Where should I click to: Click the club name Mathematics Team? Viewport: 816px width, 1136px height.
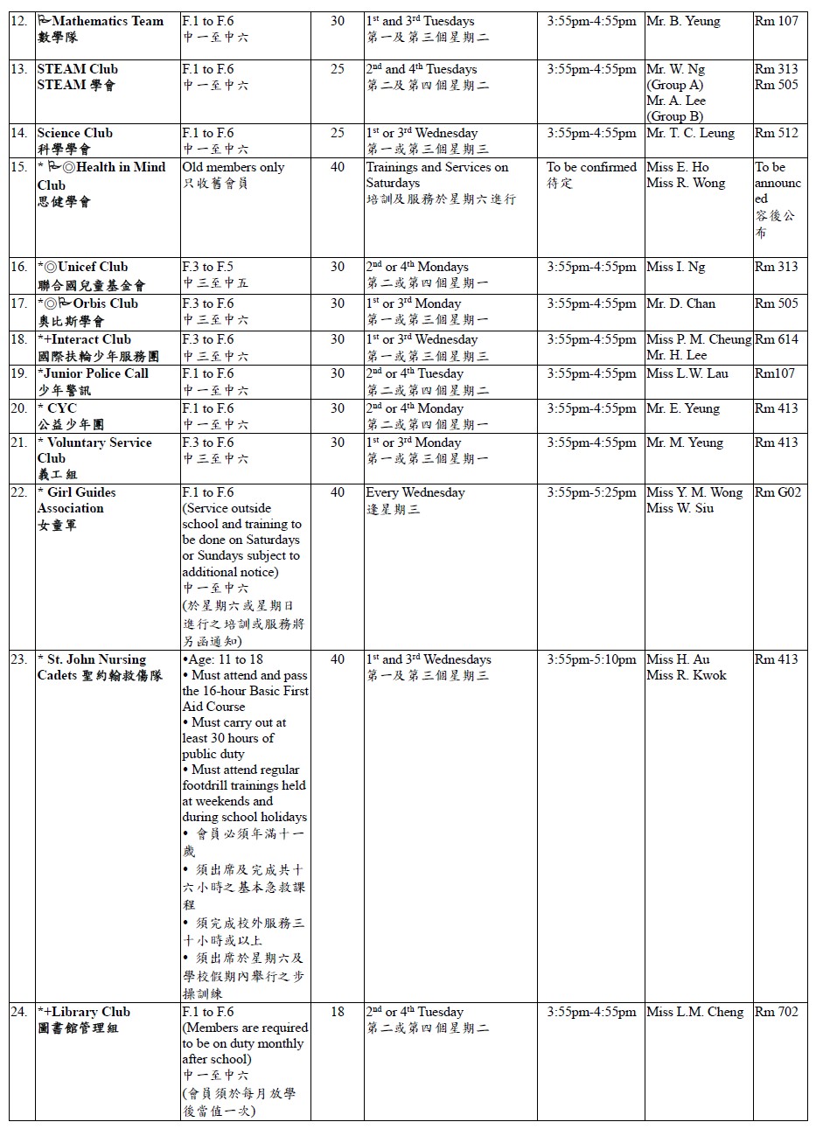pos(108,21)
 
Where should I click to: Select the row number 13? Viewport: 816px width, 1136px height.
pos(19,69)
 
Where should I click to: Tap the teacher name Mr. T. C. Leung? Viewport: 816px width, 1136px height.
pos(690,133)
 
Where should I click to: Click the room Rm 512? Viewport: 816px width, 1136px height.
pos(776,133)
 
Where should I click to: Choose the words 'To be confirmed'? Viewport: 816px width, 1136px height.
pos(591,167)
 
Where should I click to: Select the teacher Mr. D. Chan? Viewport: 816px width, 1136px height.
pos(680,303)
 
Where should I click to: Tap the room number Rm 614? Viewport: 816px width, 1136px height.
pos(777,339)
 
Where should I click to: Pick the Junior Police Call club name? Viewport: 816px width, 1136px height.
pos(96,373)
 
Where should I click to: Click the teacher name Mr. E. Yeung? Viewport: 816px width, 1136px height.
pos(682,408)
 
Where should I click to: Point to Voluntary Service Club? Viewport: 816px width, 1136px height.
pos(94,450)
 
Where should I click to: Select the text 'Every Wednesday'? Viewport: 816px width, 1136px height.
pos(415,492)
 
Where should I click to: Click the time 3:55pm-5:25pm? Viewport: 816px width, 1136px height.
pos(591,492)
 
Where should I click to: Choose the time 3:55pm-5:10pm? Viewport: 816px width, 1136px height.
pos(591,659)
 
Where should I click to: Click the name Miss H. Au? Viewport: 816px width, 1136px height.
pos(678,659)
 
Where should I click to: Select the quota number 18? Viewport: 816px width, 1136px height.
pos(338,1012)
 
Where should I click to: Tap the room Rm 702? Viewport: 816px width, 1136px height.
pos(776,1012)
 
